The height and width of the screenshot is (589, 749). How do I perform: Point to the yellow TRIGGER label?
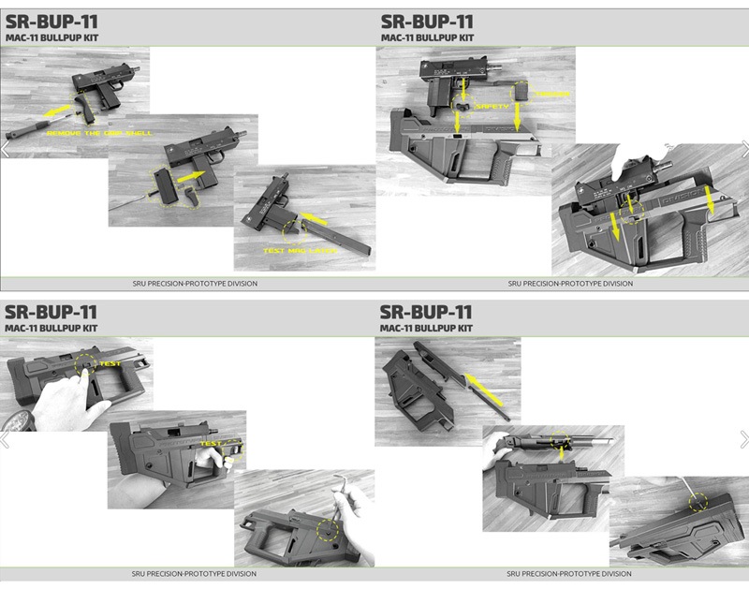(x=551, y=96)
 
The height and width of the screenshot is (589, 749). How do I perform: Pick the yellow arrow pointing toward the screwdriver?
(x=55, y=112)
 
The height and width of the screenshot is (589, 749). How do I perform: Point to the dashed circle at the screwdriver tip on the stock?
(x=698, y=502)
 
